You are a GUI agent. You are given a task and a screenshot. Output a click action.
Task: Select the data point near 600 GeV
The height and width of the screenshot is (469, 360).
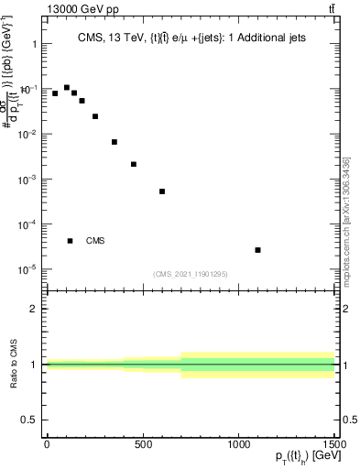162,191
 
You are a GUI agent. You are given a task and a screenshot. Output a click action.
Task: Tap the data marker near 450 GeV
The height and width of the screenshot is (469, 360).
134,165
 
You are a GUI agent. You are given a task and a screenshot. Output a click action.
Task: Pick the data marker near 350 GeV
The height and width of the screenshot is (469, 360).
115,142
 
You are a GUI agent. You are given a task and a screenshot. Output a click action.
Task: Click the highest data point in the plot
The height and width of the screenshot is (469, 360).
67,88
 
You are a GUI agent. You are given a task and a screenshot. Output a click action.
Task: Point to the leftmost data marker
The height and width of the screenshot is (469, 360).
55,93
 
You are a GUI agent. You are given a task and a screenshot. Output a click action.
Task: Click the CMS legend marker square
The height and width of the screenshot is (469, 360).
70,241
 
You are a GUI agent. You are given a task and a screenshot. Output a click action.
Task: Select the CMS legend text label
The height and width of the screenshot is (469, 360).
95,241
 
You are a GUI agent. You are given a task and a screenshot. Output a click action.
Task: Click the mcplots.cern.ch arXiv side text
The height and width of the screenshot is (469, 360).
351,220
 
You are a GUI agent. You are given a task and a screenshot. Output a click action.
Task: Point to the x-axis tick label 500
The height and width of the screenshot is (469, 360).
143,444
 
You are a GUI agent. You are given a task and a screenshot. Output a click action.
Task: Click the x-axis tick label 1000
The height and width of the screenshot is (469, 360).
239,444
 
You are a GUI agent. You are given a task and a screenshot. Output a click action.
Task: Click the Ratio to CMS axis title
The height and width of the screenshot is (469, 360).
13,364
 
